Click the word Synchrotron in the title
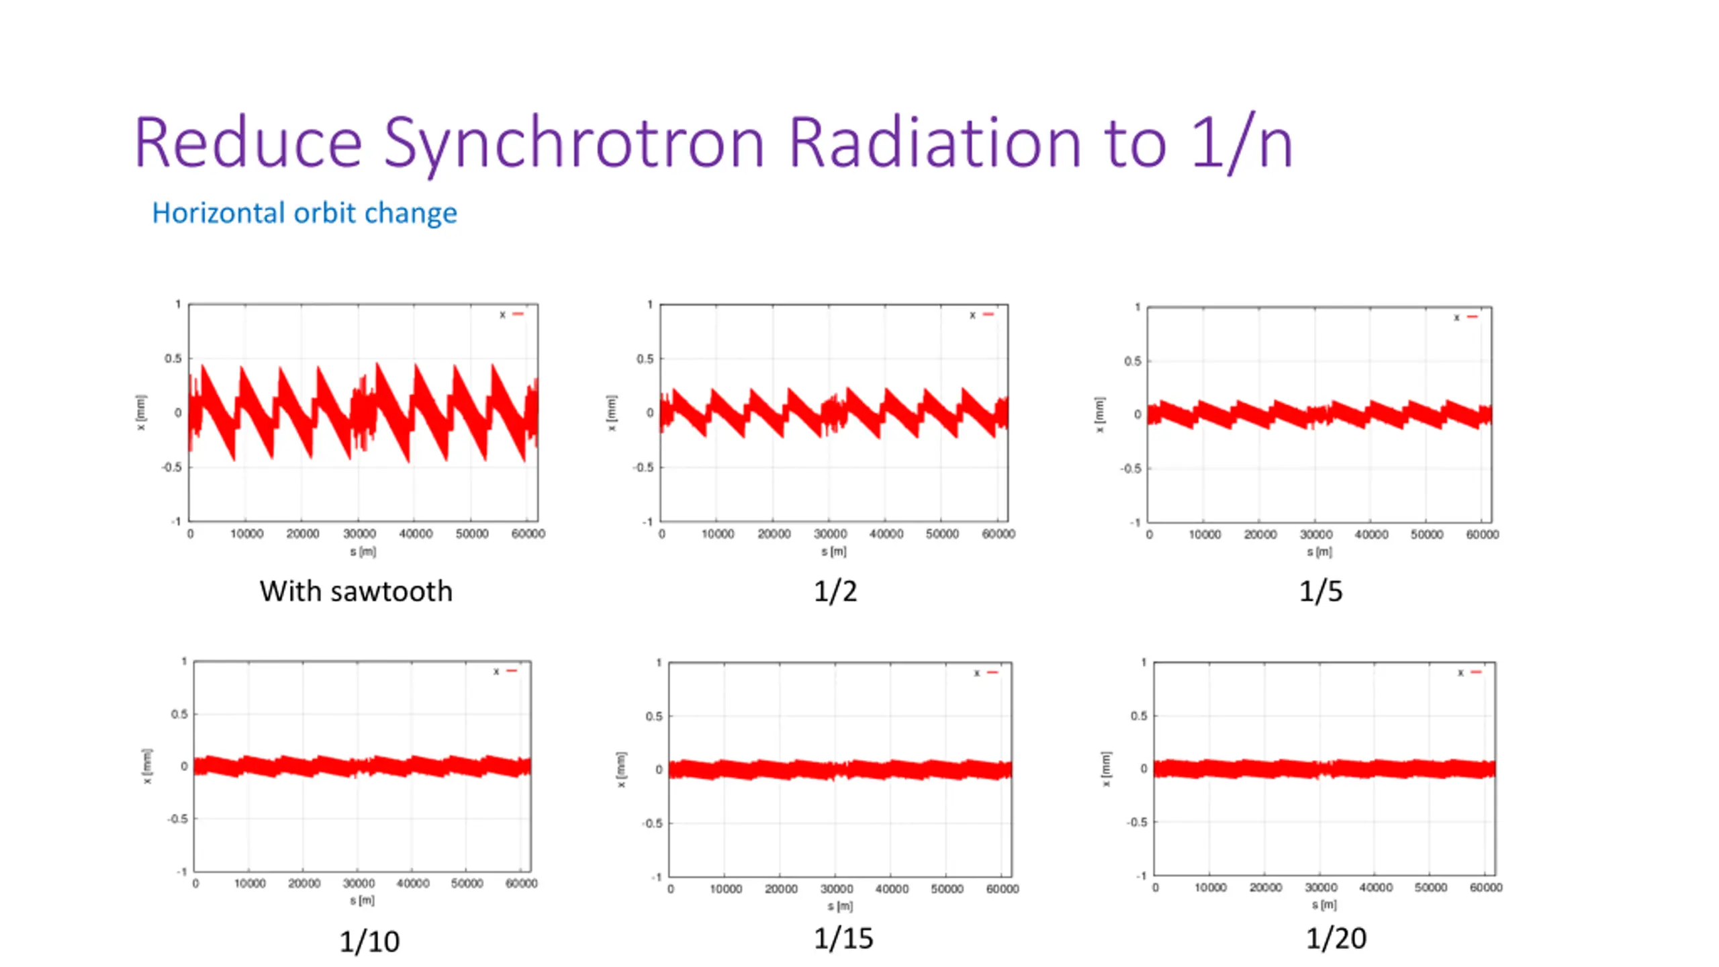click(x=574, y=143)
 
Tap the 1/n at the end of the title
click(x=1242, y=143)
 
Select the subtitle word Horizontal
click(x=219, y=213)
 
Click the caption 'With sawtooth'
click(x=356, y=592)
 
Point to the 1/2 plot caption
click(x=835, y=592)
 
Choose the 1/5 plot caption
click(x=1321, y=592)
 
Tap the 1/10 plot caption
click(x=369, y=941)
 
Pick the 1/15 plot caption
click(x=843, y=939)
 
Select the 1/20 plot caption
click(x=1336, y=938)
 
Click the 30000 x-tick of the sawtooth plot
click(x=359, y=534)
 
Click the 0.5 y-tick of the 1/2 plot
click(x=645, y=359)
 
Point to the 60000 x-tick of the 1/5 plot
click(x=1482, y=535)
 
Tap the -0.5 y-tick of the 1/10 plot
click(x=177, y=819)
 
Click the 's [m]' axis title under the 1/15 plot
click(x=840, y=906)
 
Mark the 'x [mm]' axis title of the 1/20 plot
click(x=1106, y=769)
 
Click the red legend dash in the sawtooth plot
click(x=518, y=314)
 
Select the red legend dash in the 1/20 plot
click(x=1476, y=672)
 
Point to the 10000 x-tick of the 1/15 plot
click(x=726, y=889)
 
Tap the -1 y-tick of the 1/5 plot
click(x=1134, y=522)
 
